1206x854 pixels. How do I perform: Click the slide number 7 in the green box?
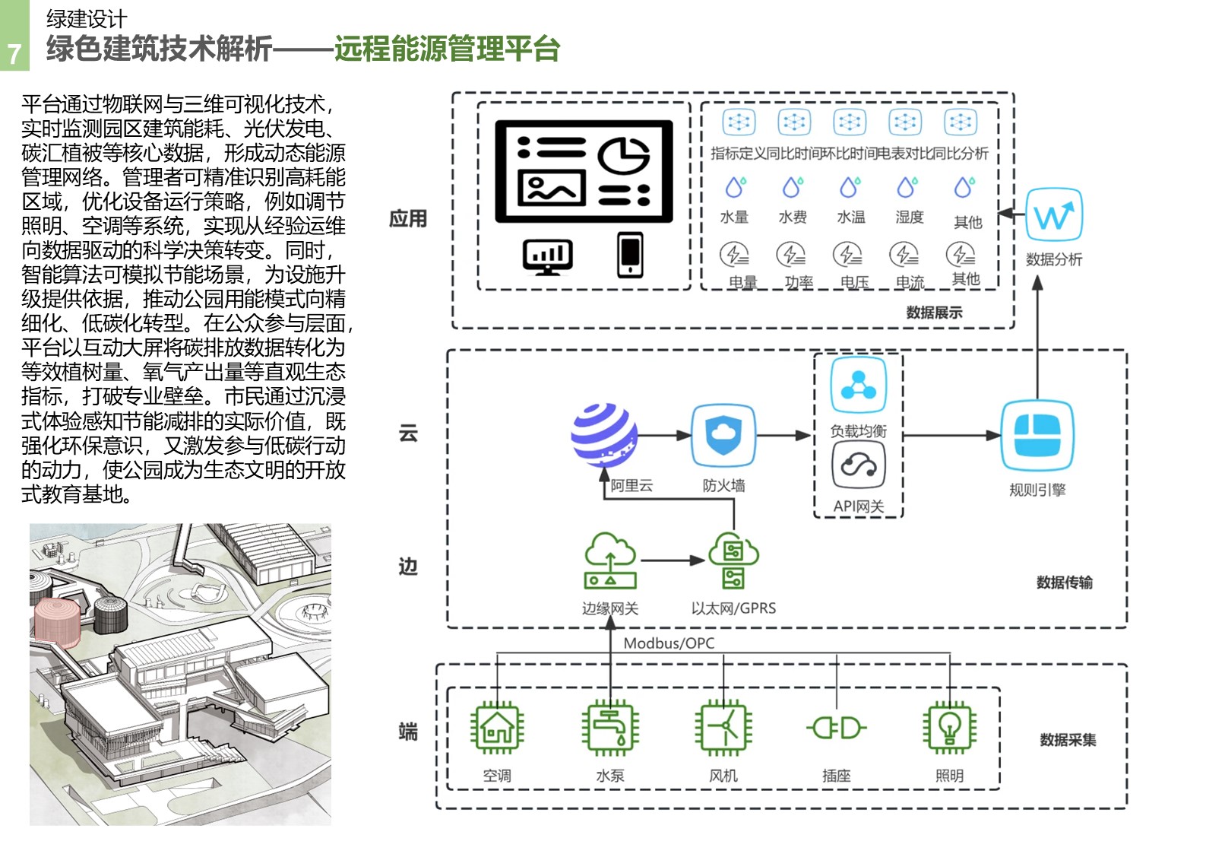14,53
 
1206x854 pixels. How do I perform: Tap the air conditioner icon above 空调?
497,728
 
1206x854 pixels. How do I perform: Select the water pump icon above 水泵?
609,728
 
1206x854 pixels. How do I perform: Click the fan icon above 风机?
723,728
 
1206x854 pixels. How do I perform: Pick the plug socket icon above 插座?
837,728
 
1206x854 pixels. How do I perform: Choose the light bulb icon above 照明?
949,728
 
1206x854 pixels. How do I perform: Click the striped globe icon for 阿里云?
604,435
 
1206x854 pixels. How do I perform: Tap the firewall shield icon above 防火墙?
723,435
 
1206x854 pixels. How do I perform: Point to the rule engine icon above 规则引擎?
1037,435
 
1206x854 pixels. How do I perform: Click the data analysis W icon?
1053,216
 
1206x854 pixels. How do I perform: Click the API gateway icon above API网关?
858,465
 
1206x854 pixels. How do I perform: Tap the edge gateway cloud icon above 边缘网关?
609,560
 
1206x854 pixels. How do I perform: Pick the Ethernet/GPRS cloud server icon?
733,560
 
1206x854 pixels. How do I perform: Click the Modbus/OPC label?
669,643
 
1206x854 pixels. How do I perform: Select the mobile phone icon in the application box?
630,254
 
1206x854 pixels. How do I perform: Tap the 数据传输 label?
1064,583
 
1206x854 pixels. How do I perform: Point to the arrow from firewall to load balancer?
783,436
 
